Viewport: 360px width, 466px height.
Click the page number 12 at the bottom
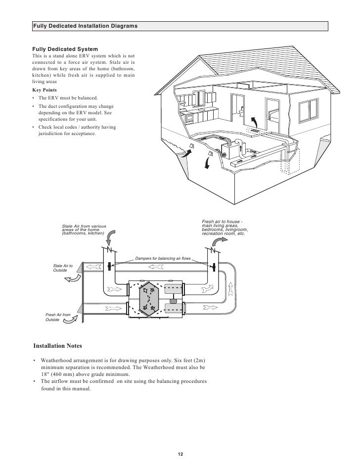(180, 455)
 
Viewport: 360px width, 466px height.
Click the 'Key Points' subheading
(45, 91)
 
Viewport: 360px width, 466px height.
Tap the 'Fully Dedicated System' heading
(65, 50)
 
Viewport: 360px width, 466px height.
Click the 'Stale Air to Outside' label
(63, 269)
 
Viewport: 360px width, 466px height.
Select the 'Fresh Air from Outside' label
(58, 318)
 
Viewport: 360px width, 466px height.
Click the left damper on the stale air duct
(108, 267)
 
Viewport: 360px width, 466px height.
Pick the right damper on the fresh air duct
(214, 267)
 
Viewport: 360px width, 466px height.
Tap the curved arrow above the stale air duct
(112, 235)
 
